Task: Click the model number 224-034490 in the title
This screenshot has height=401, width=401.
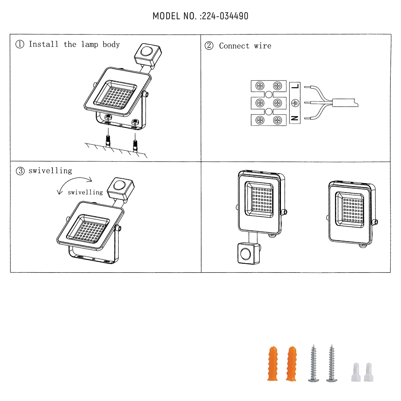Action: (x=225, y=16)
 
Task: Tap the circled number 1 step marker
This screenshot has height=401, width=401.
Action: (x=20, y=44)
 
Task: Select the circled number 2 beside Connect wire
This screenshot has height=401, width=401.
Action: (x=209, y=46)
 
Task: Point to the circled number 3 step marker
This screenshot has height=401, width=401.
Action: (x=20, y=171)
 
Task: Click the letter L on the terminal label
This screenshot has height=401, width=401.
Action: (x=295, y=86)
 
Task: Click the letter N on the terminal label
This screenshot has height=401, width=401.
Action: (x=295, y=118)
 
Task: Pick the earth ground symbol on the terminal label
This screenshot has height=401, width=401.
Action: (x=295, y=103)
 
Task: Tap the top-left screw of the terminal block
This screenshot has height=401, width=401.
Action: (x=260, y=86)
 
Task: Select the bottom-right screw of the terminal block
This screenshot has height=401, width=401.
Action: (x=278, y=120)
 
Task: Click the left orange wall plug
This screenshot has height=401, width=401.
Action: (x=273, y=364)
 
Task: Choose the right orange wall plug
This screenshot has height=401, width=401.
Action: (x=291, y=364)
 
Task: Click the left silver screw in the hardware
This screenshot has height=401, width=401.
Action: (x=314, y=364)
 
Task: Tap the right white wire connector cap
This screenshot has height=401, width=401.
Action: (x=369, y=372)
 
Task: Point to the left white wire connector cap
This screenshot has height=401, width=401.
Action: (x=356, y=372)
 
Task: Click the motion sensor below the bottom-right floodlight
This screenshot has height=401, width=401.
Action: (x=248, y=253)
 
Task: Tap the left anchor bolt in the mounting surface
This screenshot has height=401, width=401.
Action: (x=108, y=140)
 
